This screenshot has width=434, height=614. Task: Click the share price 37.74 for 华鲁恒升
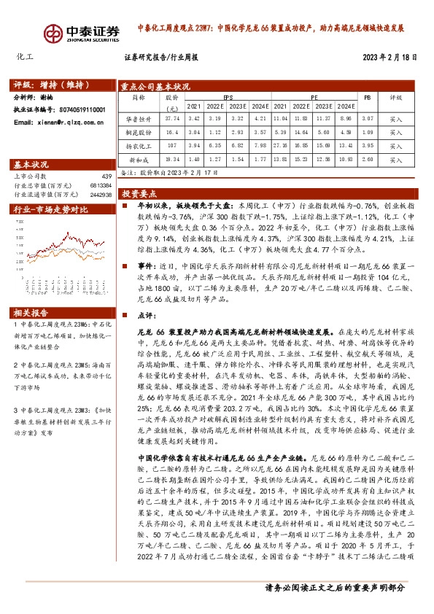[x=172, y=118]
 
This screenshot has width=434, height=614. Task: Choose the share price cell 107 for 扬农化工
[x=172, y=146]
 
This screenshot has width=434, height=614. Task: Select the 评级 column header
[x=395, y=97]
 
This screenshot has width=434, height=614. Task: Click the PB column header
[x=368, y=97]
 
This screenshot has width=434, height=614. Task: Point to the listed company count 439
[x=106, y=176]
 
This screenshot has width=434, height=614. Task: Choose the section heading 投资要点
[x=139, y=194]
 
